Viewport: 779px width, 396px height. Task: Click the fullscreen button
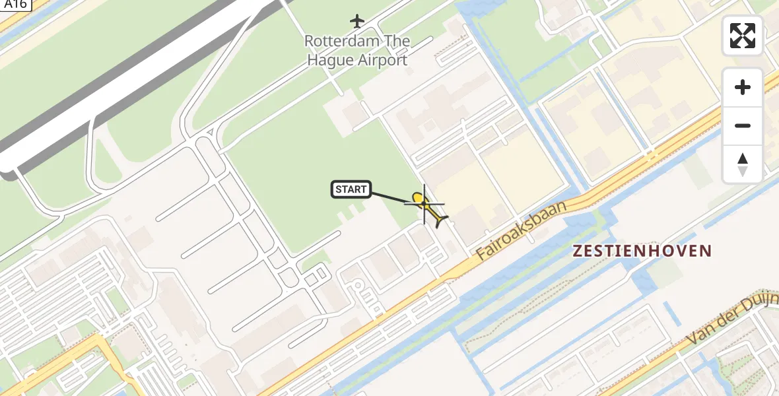[x=743, y=36]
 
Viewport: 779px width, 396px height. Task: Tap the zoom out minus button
[x=743, y=125]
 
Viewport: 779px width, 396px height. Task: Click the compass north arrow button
[x=743, y=164]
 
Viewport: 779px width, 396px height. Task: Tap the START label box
[x=351, y=190]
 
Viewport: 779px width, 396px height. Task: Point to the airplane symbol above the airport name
[x=357, y=21]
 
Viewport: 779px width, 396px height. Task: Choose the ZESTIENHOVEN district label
[x=642, y=251]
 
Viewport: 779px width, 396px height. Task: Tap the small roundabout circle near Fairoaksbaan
[x=357, y=285]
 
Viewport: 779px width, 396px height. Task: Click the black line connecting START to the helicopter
[x=391, y=196]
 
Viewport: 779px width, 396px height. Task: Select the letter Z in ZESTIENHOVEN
[x=578, y=251]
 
